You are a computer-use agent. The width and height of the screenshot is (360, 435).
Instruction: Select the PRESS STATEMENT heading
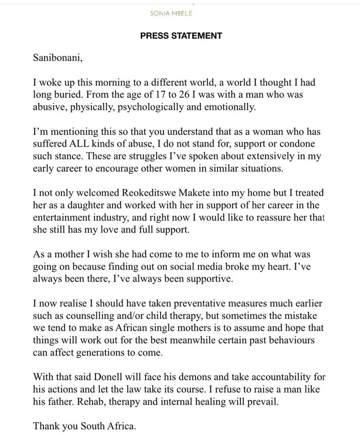coord(181,36)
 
